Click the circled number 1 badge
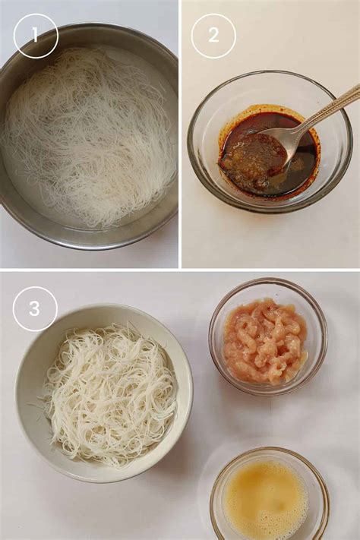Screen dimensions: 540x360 pos(35,36)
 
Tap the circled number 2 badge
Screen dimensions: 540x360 pos(213,36)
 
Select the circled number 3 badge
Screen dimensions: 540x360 pos(35,308)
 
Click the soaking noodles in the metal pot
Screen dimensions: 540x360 pos(91,137)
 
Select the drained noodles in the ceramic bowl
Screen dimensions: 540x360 pos(110,391)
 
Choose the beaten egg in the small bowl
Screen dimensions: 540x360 pos(266,501)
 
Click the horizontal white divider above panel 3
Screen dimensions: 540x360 pos(180,270)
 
